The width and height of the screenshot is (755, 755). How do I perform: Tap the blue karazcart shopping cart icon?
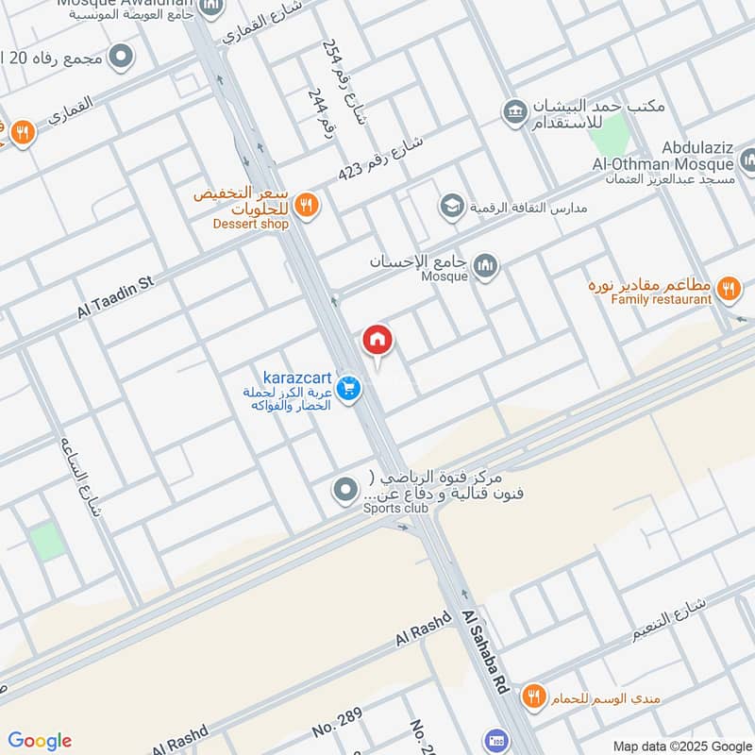click(348, 388)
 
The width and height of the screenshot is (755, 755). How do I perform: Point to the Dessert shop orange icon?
click(306, 204)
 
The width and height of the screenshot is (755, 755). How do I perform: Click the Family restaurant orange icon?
click(727, 288)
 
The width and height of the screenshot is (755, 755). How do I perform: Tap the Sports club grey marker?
click(346, 490)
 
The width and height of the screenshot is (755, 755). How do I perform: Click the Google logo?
click(40, 741)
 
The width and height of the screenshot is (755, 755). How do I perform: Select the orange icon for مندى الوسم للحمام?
click(535, 696)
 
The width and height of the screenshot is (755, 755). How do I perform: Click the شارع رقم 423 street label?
click(381, 161)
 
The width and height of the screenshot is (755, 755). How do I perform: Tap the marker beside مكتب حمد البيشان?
click(514, 113)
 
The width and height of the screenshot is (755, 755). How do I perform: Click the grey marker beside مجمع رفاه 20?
click(121, 58)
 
